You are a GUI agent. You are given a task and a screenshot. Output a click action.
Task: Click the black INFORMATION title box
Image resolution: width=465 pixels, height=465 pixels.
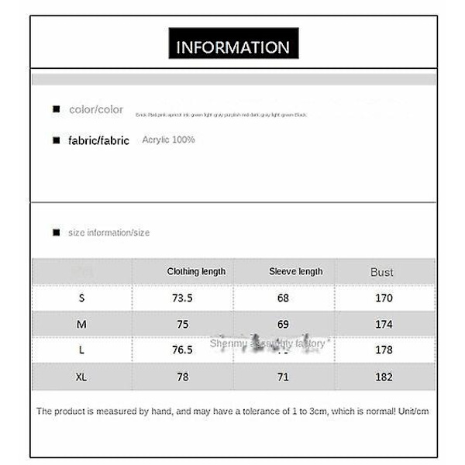(x=233, y=46)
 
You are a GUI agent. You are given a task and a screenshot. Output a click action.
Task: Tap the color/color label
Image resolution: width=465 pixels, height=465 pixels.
(x=96, y=109)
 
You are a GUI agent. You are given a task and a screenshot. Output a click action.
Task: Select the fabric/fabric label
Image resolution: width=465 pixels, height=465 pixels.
(x=99, y=141)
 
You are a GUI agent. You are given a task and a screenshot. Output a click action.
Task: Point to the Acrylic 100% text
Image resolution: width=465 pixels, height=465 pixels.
(x=168, y=139)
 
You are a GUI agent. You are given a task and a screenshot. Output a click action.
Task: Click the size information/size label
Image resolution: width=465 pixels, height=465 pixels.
(x=108, y=232)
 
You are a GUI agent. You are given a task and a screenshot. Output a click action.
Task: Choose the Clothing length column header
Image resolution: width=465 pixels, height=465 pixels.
(x=196, y=271)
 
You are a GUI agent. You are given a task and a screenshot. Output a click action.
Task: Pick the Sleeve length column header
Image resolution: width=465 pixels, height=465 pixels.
(x=295, y=271)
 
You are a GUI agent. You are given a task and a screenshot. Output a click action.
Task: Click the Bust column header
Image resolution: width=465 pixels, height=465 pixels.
(x=381, y=272)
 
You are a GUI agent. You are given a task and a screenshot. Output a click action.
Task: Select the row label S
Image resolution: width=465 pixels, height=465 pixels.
(x=81, y=298)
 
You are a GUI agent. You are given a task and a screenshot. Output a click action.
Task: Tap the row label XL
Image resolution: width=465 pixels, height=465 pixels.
(x=81, y=377)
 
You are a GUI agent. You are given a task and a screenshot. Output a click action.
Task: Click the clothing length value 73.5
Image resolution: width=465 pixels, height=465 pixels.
(x=182, y=298)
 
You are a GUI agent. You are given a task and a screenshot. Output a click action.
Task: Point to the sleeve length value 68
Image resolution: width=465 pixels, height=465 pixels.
(x=283, y=298)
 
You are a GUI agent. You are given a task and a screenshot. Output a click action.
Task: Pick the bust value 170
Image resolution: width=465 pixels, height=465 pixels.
(x=384, y=298)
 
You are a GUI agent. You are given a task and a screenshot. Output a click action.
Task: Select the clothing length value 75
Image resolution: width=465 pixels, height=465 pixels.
(x=182, y=325)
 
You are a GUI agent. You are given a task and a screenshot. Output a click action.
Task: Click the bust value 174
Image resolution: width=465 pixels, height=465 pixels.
(x=384, y=325)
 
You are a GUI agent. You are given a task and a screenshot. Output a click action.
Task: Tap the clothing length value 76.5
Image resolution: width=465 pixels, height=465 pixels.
(x=182, y=350)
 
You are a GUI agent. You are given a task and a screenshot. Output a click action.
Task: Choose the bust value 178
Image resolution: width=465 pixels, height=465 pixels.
(x=384, y=350)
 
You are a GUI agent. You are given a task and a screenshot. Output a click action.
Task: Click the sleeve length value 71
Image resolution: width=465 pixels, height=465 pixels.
(x=283, y=377)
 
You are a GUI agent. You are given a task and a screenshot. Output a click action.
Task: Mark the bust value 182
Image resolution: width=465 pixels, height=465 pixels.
(x=384, y=377)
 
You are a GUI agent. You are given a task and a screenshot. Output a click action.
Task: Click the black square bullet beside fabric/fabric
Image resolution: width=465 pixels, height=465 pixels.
(x=56, y=141)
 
